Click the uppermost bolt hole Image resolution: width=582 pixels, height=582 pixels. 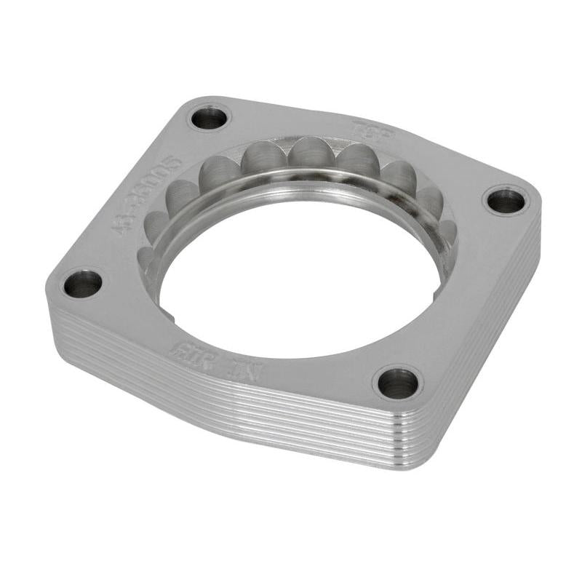pos(210,118)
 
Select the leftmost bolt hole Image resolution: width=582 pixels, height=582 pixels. pos(82,283)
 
